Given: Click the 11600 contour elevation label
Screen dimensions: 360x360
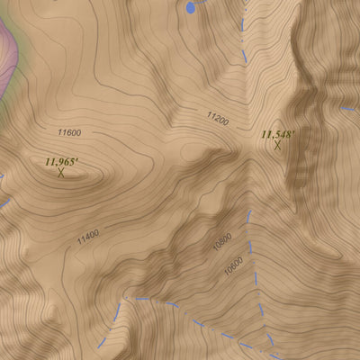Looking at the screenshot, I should [x=68, y=133].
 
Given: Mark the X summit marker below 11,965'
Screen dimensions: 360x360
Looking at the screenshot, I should [x=61, y=173].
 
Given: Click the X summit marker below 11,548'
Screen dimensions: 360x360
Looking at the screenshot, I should [x=279, y=145].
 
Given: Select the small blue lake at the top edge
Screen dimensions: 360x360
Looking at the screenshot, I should [x=190, y=7].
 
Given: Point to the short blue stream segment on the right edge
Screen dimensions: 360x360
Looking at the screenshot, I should [x=349, y=109].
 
